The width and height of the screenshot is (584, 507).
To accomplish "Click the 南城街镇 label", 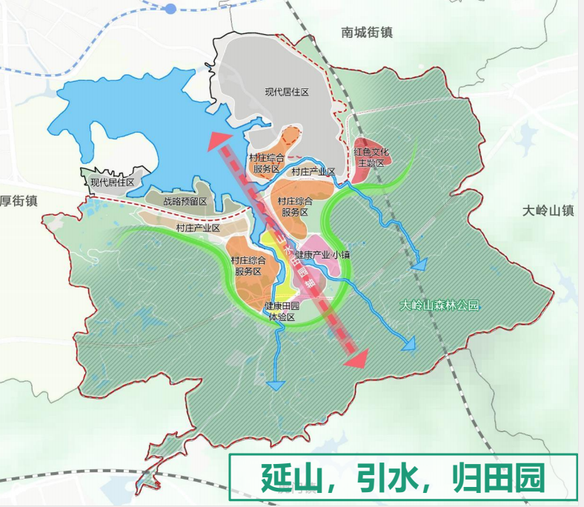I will click(367, 33).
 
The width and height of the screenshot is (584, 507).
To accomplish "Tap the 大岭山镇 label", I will click(548, 210).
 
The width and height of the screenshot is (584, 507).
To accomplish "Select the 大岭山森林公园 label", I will click(439, 305).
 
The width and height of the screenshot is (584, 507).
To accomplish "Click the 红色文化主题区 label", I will click(371, 157).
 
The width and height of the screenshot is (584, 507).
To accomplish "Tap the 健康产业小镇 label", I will click(322, 255).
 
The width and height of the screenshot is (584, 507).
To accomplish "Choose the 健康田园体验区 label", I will click(282, 311).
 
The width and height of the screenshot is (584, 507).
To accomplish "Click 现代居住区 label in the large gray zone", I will click(286, 92).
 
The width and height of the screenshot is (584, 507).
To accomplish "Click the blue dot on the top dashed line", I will click(170, 9).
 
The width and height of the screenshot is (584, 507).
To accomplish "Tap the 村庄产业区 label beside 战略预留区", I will click(199, 228).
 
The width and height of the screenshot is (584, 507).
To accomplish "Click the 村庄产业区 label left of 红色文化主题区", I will click(313, 172).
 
